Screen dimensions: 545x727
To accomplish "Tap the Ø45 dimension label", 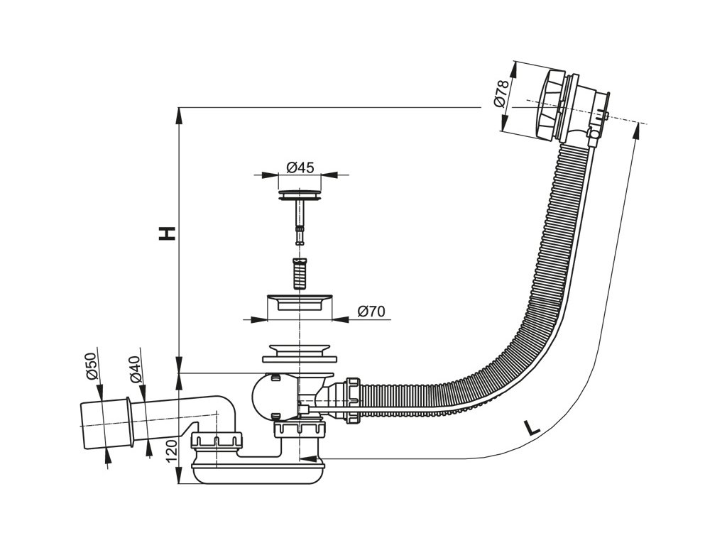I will click(300, 167).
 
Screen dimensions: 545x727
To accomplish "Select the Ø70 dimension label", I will click(371, 312).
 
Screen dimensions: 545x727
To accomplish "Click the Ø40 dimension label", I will click(135, 367).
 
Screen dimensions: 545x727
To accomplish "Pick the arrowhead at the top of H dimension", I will click(177, 113).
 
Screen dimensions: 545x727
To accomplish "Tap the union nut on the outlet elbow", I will click(217, 441).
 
